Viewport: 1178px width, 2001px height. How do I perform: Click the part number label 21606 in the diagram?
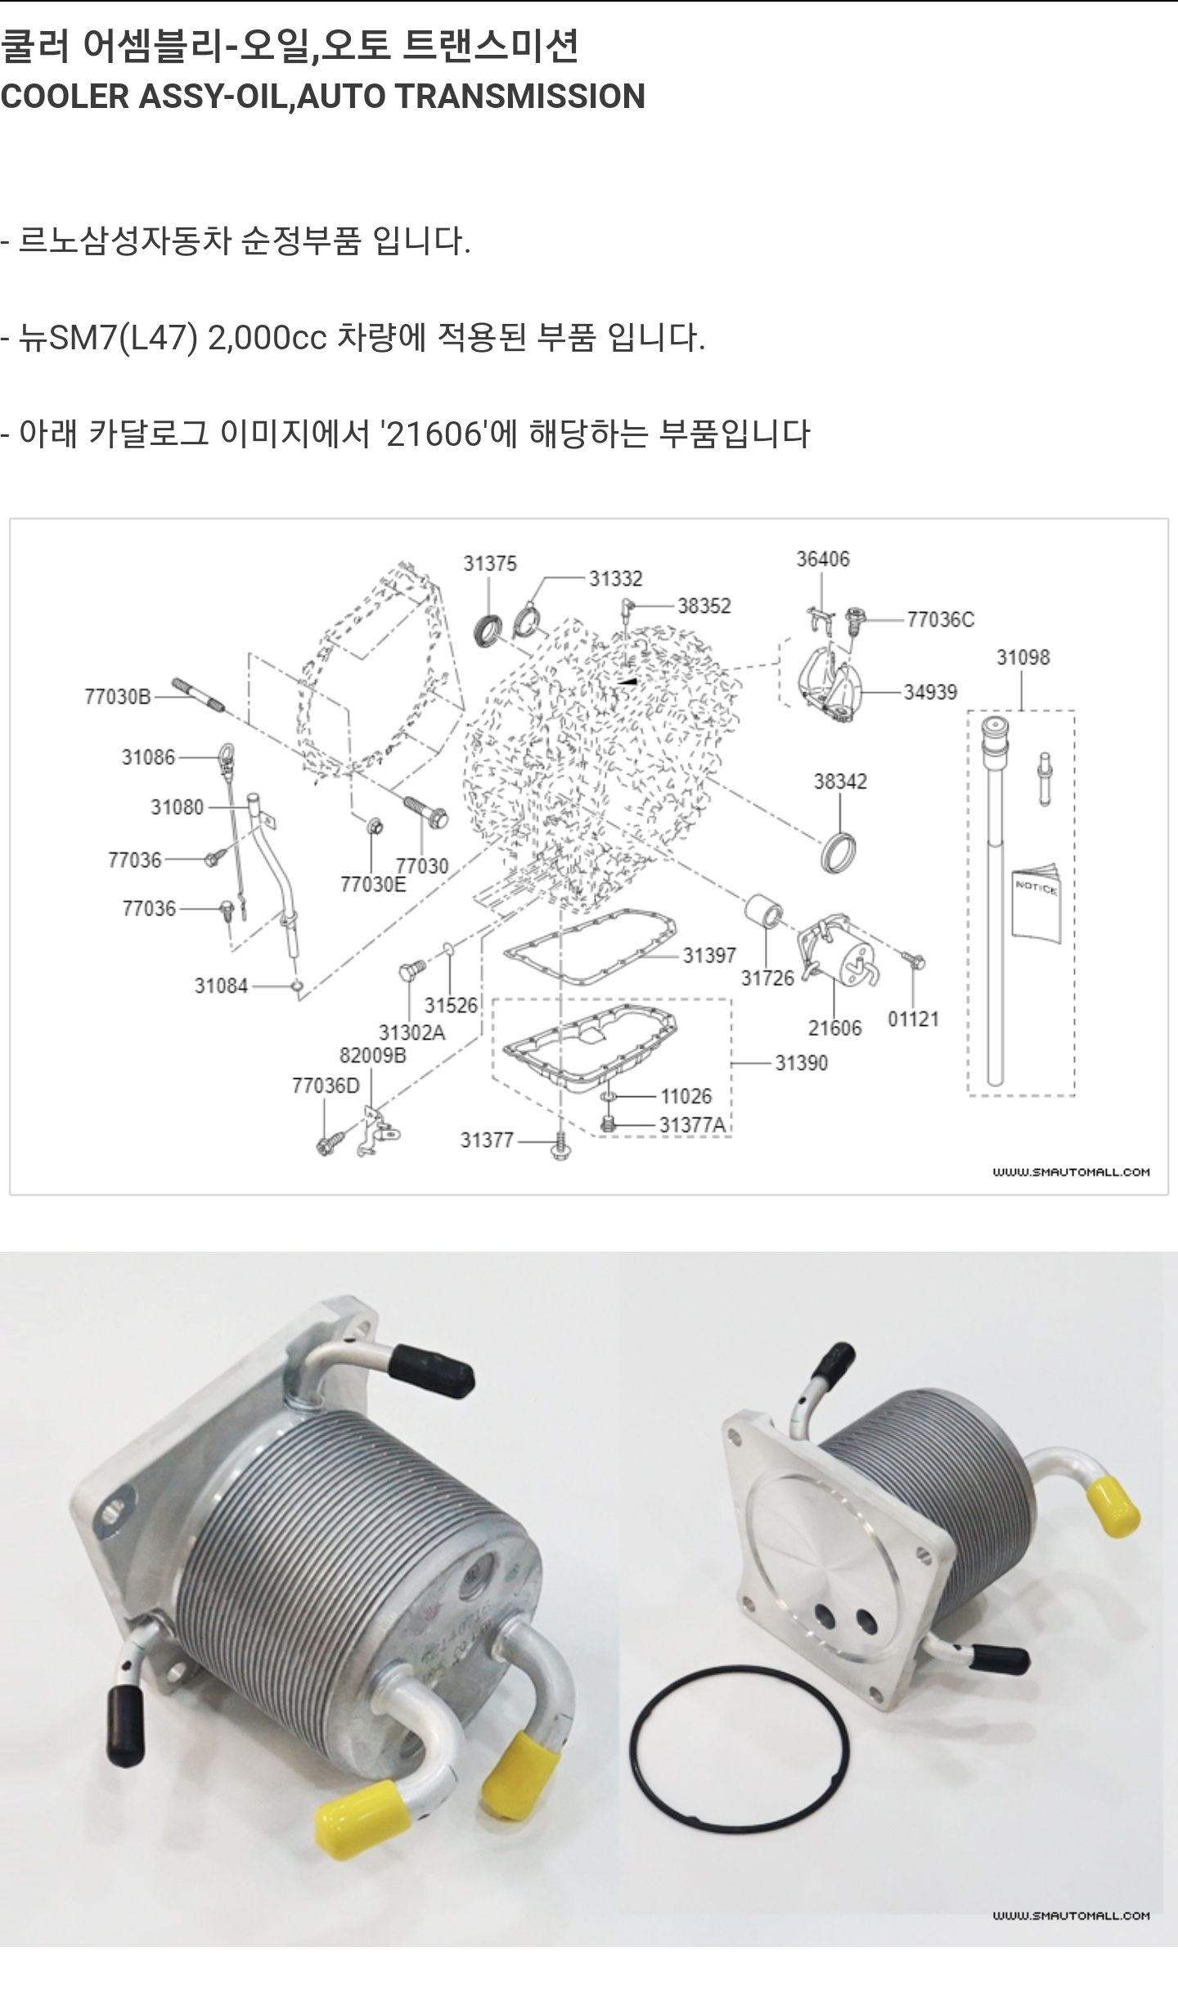click(834, 1028)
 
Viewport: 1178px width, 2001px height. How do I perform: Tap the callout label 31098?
click(1023, 657)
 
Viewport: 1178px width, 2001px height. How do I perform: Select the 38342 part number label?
click(839, 781)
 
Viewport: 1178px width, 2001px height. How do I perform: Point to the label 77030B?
click(118, 697)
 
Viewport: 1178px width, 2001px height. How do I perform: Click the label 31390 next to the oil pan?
click(801, 1063)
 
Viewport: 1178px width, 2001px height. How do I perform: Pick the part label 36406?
click(822, 560)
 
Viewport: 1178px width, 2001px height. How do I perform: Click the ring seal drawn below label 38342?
click(840, 852)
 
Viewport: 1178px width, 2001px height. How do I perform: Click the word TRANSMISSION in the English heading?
click(520, 97)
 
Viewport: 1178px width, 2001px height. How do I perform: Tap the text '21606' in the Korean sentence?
click(434, 434)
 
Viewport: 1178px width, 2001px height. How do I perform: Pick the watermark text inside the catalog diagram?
click(1071, 1172)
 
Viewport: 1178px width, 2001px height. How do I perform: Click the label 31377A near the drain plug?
click(692, 1126)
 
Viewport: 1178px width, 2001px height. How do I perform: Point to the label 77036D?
click(325, 1086)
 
